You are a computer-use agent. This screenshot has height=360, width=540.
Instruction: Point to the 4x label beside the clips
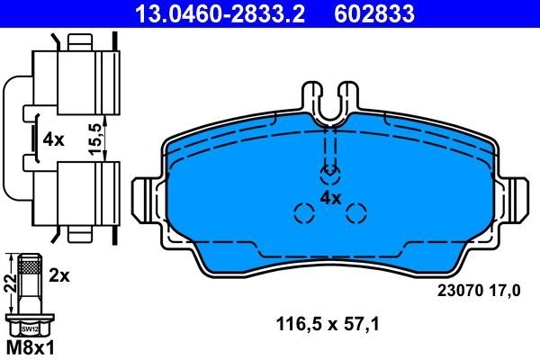53,140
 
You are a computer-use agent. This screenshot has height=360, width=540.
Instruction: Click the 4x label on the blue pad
330,197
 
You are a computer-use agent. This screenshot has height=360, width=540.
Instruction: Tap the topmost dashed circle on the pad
330,173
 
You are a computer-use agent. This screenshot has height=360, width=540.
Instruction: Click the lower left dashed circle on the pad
303,213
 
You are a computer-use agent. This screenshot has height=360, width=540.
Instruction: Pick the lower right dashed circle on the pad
357,213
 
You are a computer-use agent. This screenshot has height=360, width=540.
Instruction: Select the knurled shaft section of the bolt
29,270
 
